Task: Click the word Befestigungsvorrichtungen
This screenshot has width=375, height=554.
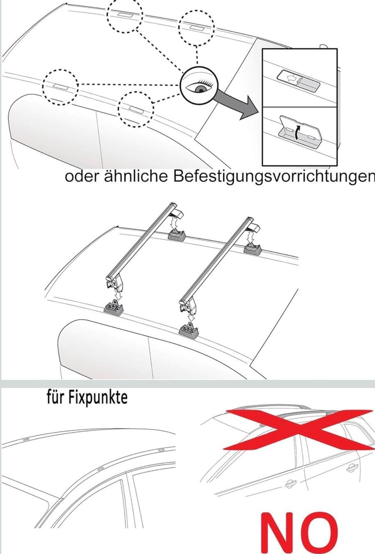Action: click(x=274, y=178)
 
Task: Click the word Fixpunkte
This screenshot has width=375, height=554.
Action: click(x=98, y=398)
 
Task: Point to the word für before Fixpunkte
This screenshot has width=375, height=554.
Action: click(x=56, y=398)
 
